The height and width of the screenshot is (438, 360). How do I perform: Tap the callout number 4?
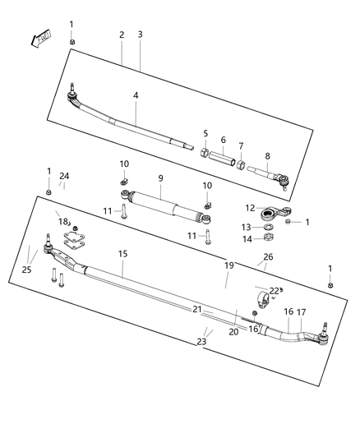click(136, 95)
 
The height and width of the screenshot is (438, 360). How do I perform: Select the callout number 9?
click(161, 178)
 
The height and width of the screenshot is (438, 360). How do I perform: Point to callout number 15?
click(122, 254)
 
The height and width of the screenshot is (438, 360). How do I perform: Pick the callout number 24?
click(64, 177)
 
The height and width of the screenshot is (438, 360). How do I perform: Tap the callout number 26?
click(268, 257)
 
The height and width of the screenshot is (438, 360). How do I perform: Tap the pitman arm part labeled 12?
click(268, 214)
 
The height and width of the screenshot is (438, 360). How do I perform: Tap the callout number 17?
click(302, 312)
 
